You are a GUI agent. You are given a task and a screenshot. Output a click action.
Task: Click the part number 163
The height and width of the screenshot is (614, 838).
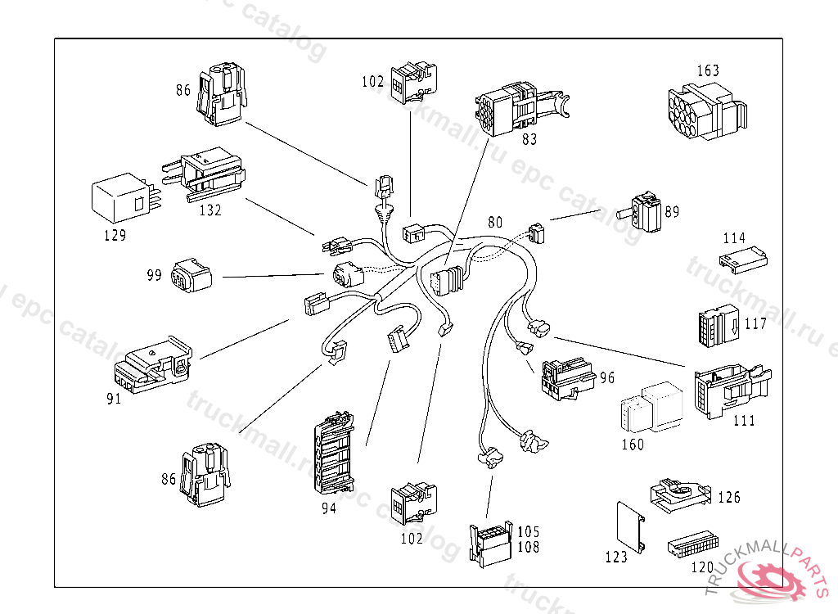[x=708, y=70]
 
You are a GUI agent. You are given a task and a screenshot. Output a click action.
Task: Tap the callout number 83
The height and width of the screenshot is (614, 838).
[x=529, y=139]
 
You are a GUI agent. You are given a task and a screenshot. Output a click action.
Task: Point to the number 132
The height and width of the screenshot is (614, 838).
[x=209, y=210]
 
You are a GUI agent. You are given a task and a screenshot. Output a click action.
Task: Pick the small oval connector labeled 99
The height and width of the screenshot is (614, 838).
[x=190, y=276]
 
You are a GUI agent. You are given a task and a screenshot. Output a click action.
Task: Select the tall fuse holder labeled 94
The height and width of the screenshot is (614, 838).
[x=335, y=454]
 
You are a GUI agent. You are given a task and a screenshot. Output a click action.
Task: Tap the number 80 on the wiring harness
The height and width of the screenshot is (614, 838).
[x=495, y=222]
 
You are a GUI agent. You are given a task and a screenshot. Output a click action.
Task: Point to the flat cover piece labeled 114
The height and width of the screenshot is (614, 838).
[x=742, y=261]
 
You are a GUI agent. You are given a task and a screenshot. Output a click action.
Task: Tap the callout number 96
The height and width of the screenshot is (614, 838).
[x=607, y=379]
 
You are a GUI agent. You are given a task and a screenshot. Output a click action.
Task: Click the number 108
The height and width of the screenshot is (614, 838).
[x=529, y=547]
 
